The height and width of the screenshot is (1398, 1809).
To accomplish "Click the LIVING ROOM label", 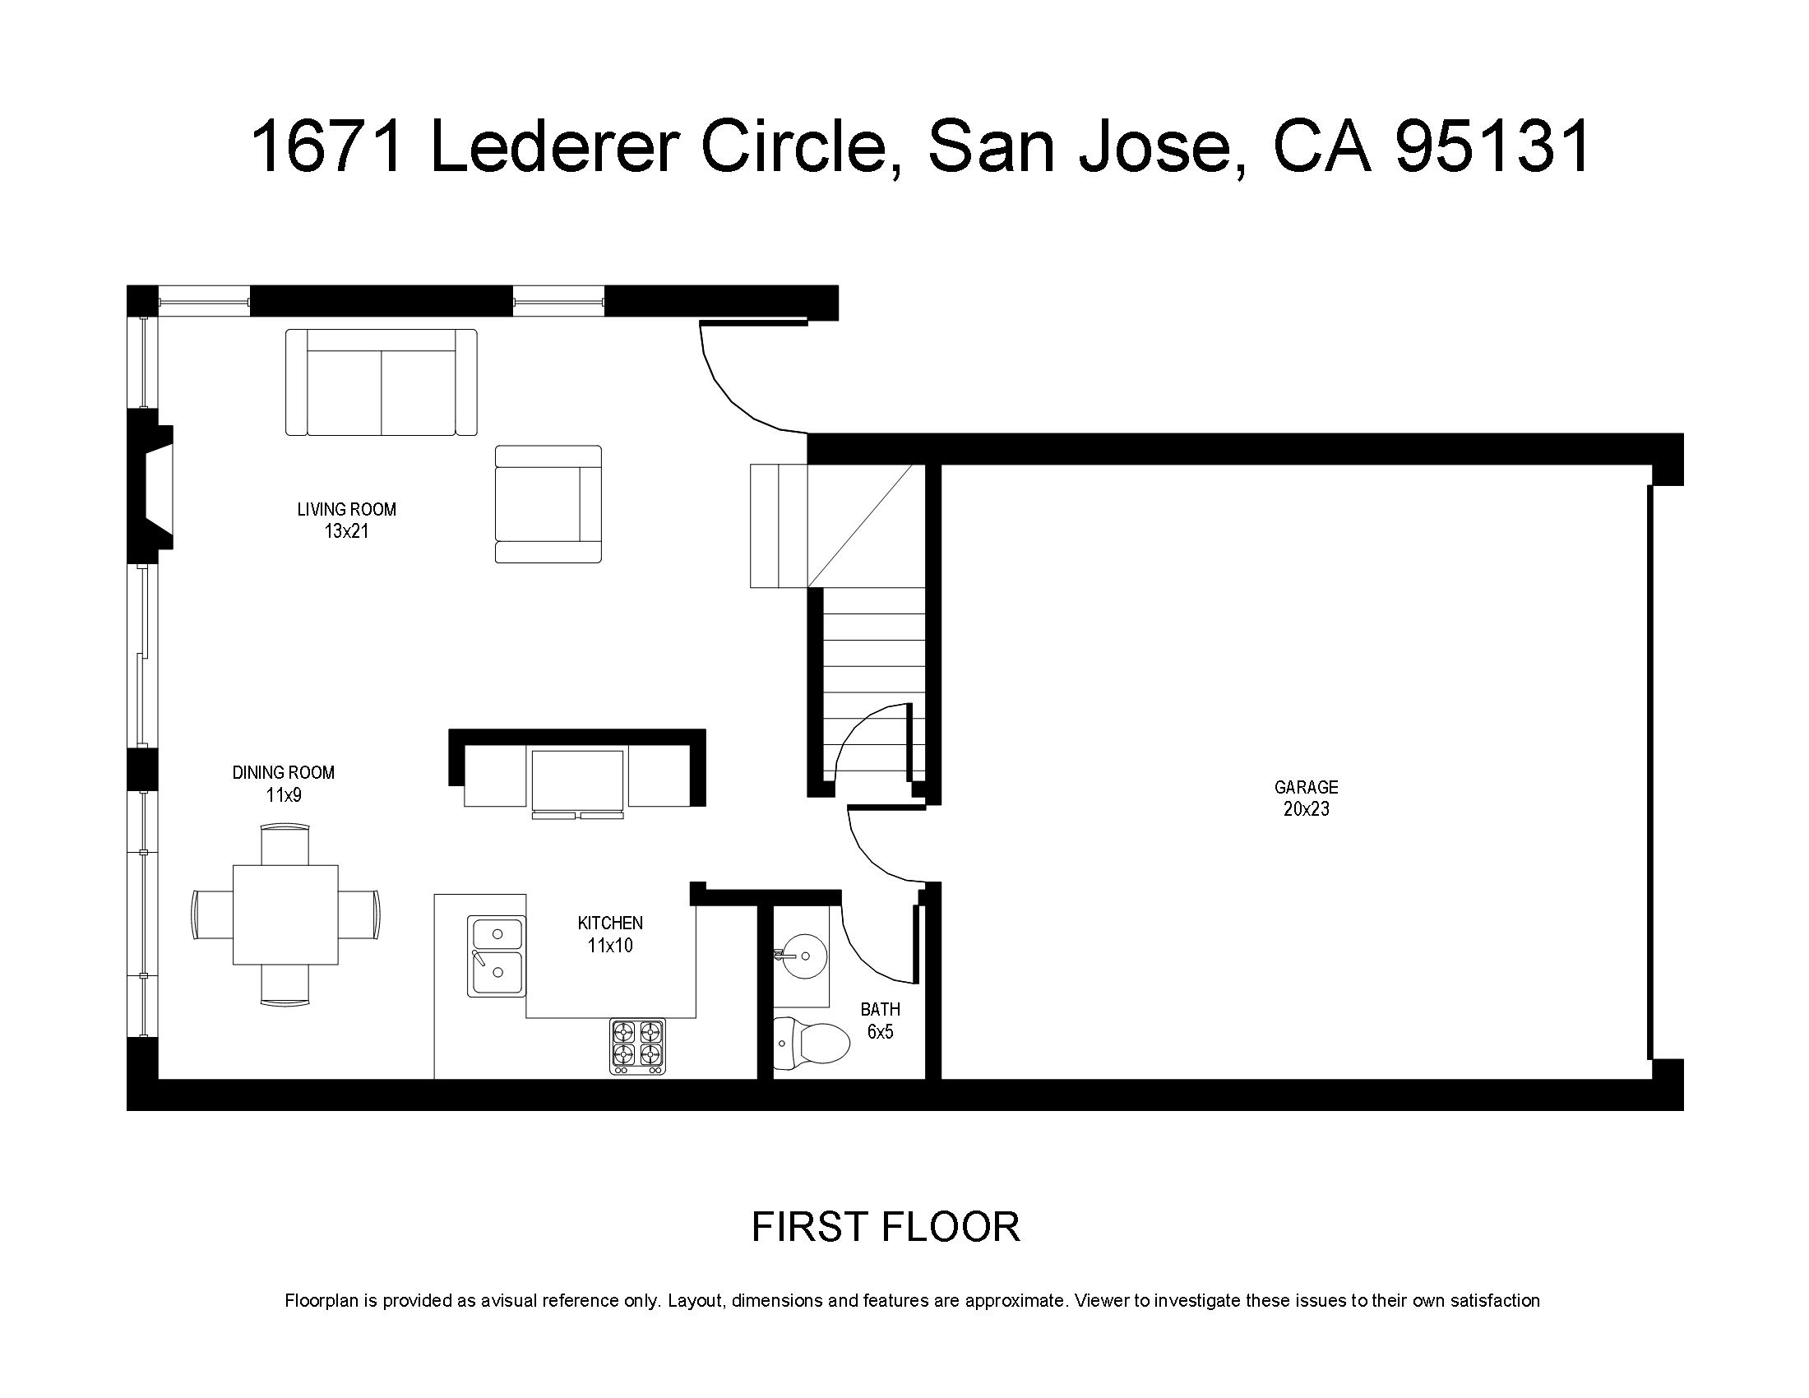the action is point(346,509).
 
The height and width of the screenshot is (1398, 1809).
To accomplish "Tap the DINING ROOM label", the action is point(284,773).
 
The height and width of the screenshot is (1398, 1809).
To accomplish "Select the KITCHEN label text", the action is point(609,923).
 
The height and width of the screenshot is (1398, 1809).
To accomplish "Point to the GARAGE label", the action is point(1307,787).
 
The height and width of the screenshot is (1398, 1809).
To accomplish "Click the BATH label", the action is point(880,1010).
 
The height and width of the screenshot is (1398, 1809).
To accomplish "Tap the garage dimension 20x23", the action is point(1307,809).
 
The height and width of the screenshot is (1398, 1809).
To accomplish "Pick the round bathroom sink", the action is point(803,956).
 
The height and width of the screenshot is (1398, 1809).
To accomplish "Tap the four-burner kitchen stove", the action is point(638,1046).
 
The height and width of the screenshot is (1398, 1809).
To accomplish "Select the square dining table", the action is point(285,914).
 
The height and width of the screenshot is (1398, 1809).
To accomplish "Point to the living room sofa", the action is point(381,382).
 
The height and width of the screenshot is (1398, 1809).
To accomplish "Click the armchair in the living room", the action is point(548,504).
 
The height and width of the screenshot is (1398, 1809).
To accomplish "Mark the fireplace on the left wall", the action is point(150,488).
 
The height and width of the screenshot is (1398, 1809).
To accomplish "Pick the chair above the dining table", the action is point(285,843).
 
